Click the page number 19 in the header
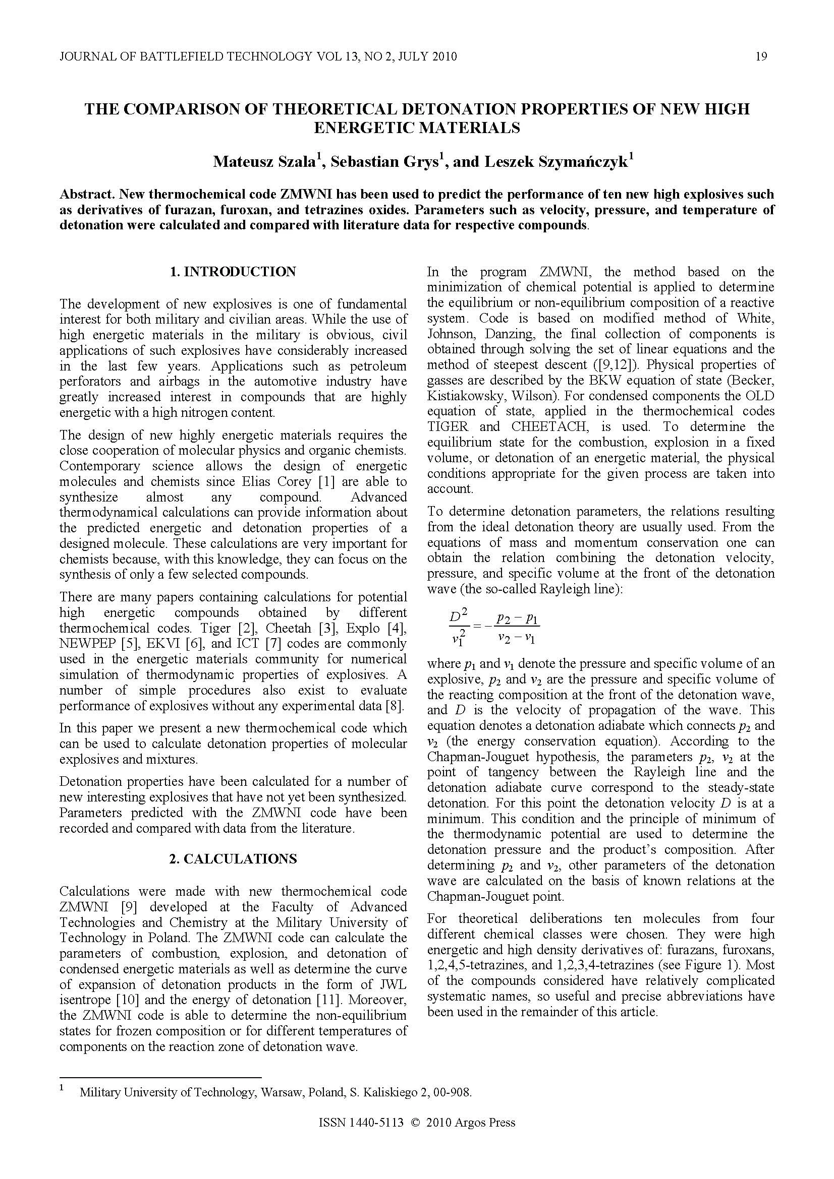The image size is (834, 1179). click(x=761, y=56)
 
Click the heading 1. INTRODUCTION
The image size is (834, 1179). click(x=233, y=272)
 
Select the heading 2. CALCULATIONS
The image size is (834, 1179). click(x=233, y=859)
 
